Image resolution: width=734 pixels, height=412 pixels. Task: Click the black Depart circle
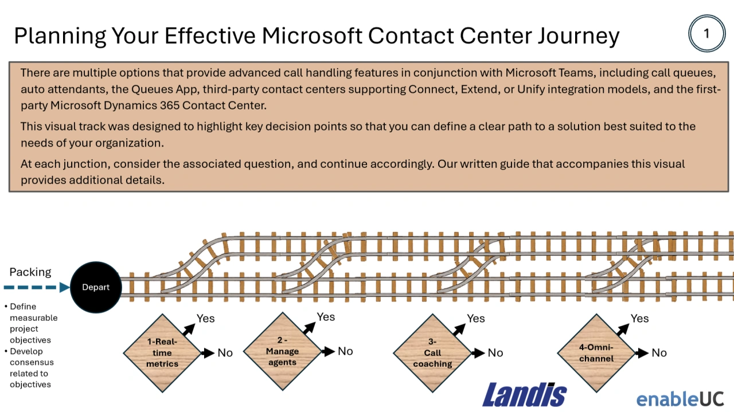click(96, 287)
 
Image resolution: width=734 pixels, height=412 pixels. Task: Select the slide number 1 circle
click(706, 34)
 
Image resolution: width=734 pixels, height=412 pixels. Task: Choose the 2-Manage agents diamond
click(282, 351)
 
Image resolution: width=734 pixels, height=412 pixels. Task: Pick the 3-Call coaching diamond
click(432, 353)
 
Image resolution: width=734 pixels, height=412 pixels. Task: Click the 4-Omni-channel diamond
click(596, 353)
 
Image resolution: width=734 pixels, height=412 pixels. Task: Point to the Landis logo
click(524, 394)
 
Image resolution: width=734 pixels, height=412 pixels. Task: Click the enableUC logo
click(680, 398)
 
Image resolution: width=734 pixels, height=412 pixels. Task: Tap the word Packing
click(30, 272)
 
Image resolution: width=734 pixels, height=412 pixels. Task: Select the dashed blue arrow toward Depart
click(36, 287)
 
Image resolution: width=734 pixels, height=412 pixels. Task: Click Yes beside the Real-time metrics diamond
click(205, 319)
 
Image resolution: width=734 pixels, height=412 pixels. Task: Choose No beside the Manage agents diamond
click(345, 351)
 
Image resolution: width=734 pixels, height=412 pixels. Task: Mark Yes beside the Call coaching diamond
click(476, 319)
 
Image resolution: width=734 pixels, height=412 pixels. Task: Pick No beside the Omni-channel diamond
click(659, 353)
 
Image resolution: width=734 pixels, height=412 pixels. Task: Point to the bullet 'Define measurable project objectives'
click(33, 323)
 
